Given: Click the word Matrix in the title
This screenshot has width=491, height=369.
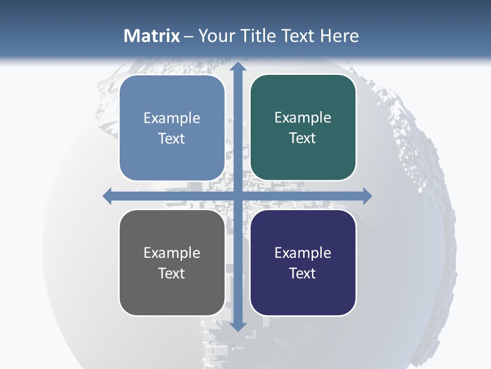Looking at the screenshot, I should pos(152,36).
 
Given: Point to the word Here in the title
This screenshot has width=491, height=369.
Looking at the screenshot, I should pos(340,36).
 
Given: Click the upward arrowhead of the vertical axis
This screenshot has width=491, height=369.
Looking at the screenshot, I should pos(237,67).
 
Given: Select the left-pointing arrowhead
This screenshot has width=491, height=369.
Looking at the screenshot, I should pos(107,196).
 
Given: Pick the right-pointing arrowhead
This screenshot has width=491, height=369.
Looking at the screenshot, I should pos(367,196).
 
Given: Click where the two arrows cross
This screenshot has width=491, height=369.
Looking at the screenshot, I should pos(237,196).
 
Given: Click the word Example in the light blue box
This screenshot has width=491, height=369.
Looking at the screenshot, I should pos(172,118).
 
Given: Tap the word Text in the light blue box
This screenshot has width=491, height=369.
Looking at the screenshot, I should pos(172,138).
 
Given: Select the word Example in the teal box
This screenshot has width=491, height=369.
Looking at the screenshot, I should pos(303,118).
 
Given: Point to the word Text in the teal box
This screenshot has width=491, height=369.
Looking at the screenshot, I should pos(303,138).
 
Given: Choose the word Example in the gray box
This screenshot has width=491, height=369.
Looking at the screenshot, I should pos(172,253).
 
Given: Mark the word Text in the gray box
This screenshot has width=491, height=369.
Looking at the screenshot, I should pos(172,273).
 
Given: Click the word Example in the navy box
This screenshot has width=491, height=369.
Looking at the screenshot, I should pos(303,253).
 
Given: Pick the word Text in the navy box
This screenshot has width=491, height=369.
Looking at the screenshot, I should pos(303,273).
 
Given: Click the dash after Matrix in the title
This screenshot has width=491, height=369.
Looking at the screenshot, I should pos(189,36).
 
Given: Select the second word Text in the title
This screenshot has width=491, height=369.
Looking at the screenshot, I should pos(297,36).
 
